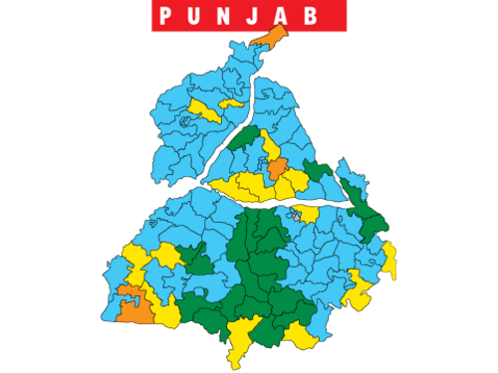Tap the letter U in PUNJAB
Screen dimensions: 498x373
pyautogui.click(x=202, y=16)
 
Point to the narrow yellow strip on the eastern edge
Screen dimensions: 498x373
pyautogui.click(x=389, y=261)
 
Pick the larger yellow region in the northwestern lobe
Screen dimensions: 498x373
pyautogui.click(x=208, y=110)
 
